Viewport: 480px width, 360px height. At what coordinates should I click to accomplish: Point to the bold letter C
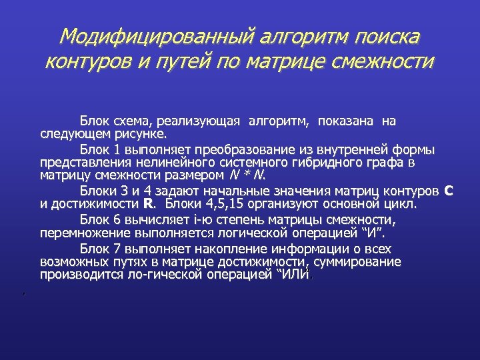pos(448,191)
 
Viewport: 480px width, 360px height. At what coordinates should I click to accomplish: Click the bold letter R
pos(148,204)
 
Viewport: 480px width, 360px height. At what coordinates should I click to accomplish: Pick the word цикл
pos(401,204)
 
